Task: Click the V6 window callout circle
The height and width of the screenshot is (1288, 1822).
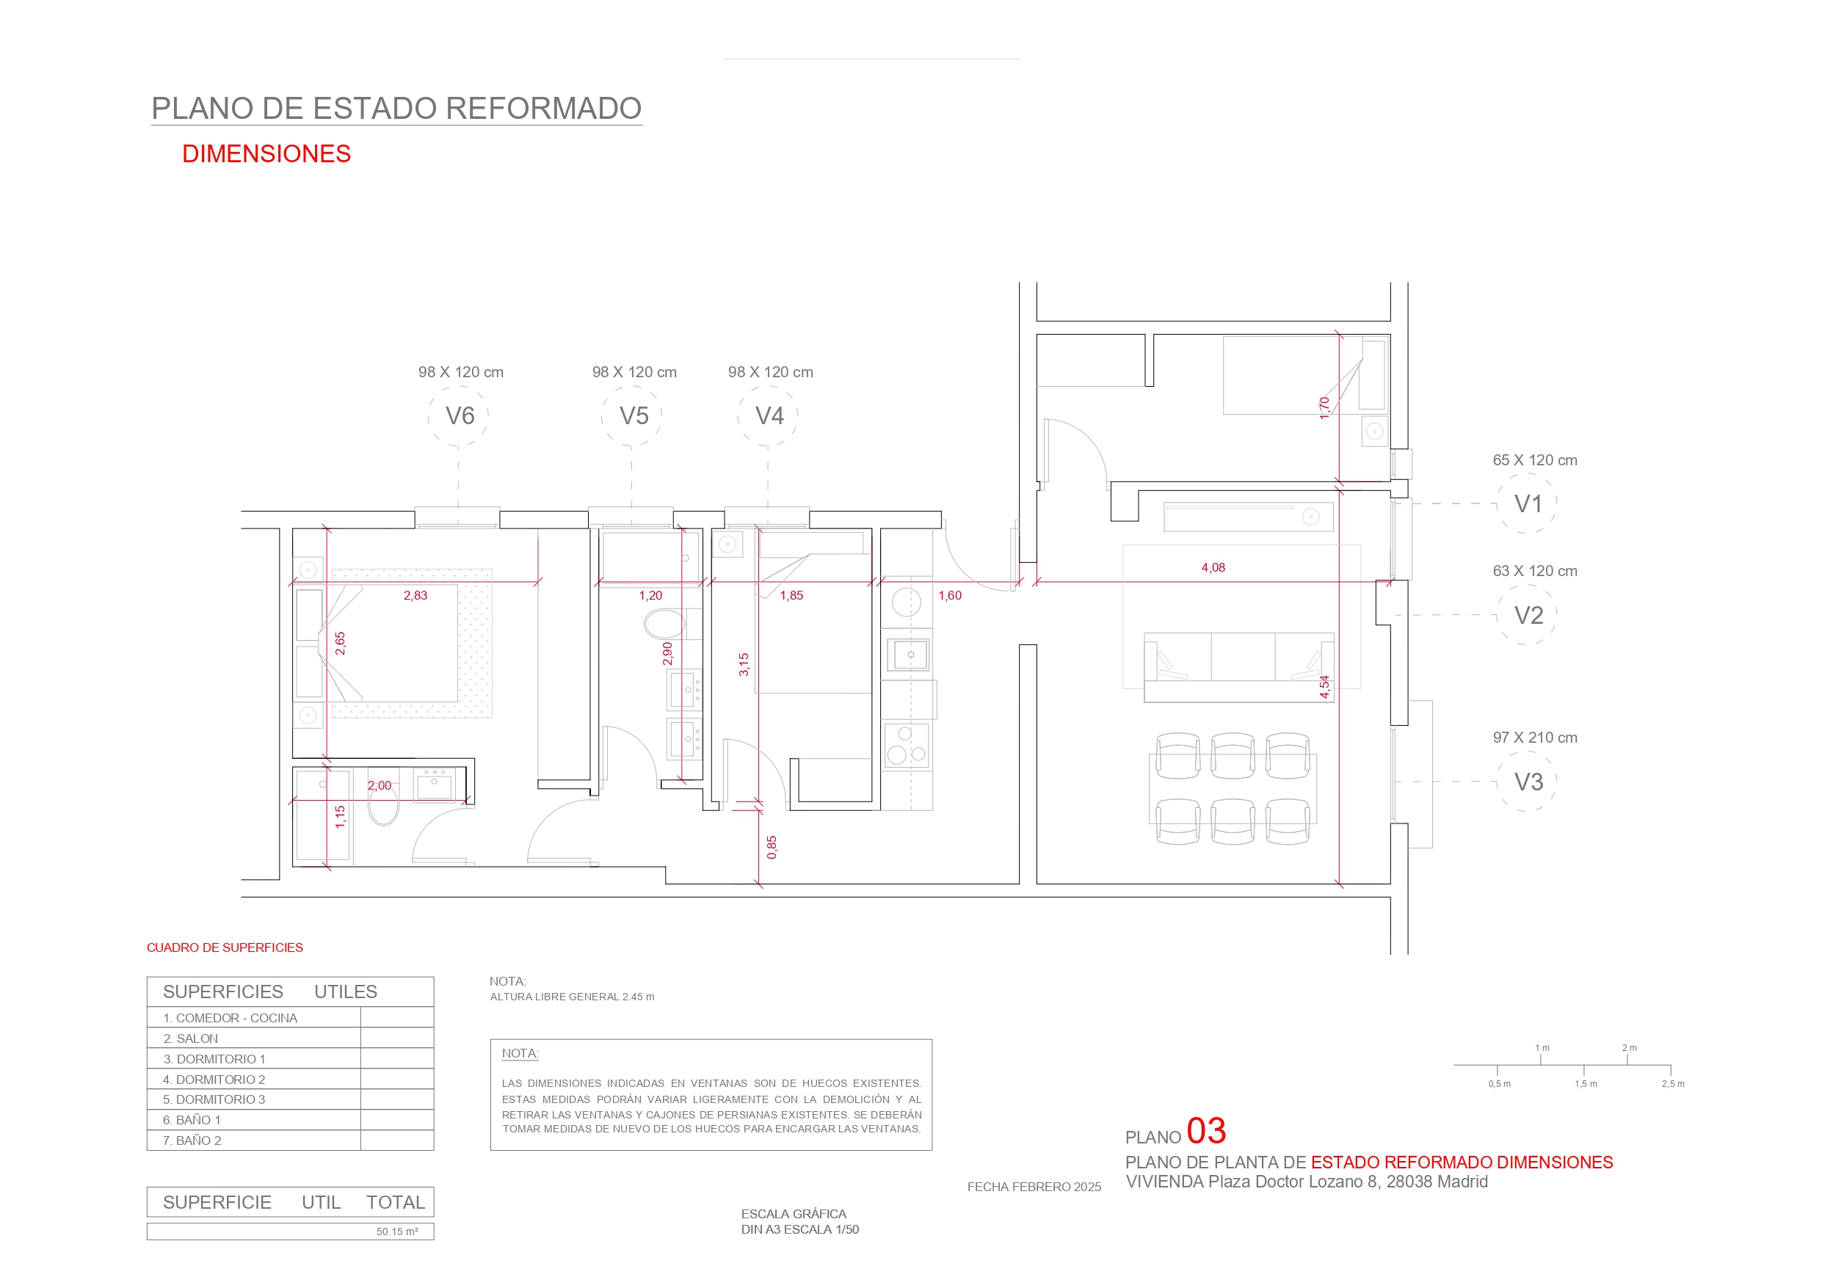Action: (x=429, y=416)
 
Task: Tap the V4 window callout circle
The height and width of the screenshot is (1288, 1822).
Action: (x=738, y=416)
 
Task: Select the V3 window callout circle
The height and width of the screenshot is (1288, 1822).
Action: (x=1498, y=781)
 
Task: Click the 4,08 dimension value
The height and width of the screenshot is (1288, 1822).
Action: (x=1213, y=567)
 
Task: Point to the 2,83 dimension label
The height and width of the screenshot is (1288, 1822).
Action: (x=415, y=595)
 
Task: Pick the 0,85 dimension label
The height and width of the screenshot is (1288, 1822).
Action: (x=772, y=847)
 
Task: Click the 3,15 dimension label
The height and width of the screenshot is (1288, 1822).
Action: (x=744, y=664)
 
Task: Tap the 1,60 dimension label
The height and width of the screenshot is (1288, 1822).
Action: (x=950, y=595)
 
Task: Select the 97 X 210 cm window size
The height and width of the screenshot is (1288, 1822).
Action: (x=1535, y=738)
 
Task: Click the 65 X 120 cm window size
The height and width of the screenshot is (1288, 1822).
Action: (x=1535, y=460)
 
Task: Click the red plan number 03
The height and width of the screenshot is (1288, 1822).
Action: (x=1206, y=1131)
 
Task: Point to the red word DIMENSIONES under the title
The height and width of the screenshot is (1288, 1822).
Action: (x=266, y=154)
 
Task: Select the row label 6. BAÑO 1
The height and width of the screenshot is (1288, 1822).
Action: (x=192, y=1120)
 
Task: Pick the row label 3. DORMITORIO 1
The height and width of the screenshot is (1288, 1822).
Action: (x=214, y=1058)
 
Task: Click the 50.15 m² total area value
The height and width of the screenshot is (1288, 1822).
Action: (x=397, y=1231)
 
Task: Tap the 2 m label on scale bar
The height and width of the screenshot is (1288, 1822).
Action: (x=1629, y=1047)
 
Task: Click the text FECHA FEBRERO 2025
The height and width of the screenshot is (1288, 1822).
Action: (x=1034, y=1187)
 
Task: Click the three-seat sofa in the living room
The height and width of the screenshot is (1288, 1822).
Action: (x=1238, y=667)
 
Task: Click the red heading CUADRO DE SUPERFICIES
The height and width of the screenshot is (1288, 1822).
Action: (x=225, y=947)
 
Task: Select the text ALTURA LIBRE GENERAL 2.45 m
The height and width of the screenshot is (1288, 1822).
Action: (x=572, y=997)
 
